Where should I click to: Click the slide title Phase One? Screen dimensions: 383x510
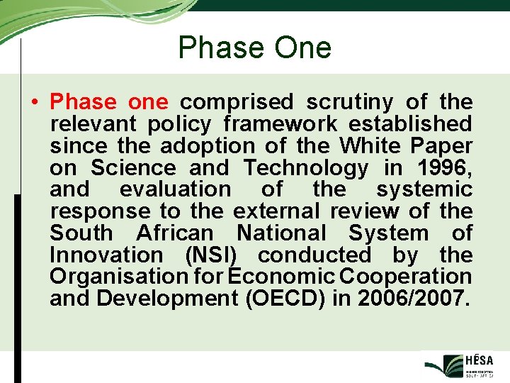click(254, 48)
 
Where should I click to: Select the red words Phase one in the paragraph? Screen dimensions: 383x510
click(108, 102)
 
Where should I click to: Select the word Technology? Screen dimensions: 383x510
click(305, 168)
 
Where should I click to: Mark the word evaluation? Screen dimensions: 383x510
click(175, 189)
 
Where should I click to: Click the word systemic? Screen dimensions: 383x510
click(424, 189)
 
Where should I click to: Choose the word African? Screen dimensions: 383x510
click(174, 233)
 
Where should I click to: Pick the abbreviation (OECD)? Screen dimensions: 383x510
click(285, 299)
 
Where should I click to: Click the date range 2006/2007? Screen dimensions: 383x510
click(413, 299)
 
